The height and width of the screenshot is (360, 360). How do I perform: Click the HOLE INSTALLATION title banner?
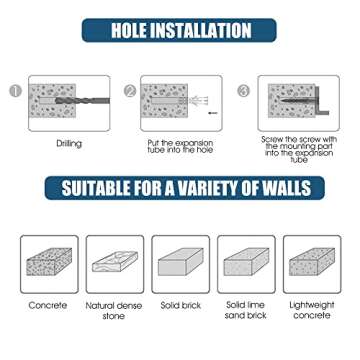coord(180,33)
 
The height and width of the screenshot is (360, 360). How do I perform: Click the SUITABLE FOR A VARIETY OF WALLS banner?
coord(180,188)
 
